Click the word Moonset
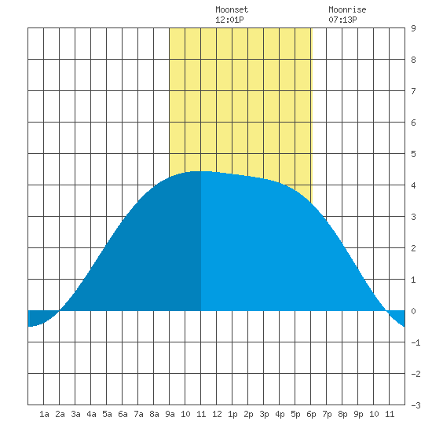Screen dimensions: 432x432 pyautogui.click(x=232, y=9)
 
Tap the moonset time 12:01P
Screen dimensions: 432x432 pyautogui.click(x=229, y=20)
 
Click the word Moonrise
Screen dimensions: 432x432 pyautogui.click(x=347, y=9)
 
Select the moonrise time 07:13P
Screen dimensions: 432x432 pyautogui.click(x=342, y=20)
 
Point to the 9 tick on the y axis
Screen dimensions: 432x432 pyautogui.click(x=413, y=28)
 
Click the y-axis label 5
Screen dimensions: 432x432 pyautogui.click(x=413, y=154)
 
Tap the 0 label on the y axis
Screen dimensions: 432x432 pyautogui.click(x=413, y=311)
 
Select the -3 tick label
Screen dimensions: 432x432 pyautogui.click(x=416, y=405)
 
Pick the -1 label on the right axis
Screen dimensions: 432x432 pyautogui.click(x=416, y=342)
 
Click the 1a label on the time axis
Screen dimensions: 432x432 pyautogui.click(x=44, y=414)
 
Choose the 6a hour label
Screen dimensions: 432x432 pyautogui.click(x=123, y=414)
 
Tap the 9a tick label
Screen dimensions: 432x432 pyautogui.click(x=170, y=414)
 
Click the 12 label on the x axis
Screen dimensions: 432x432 pyautogui.click(x=217, y=414)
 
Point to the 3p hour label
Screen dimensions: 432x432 pyautogui.click(x=264, y=414)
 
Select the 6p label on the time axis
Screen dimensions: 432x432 pyautogui.click(x=311, y=414)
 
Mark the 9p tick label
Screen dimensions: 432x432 pyautogui.click(x=358, y=414)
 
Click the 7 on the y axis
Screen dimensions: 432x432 pyautogui.click(x=413, y=91)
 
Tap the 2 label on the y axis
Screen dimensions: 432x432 pyautogui.click(x=413, y=248)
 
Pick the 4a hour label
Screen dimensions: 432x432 pyautogui.click(x=91, y=414)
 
